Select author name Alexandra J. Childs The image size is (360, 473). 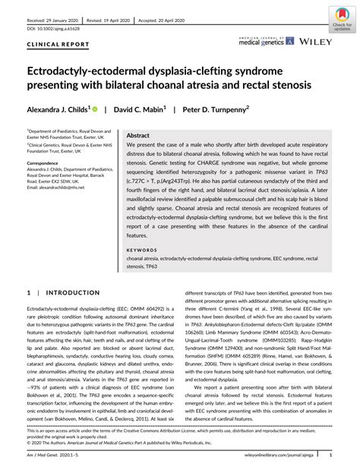(x=57, y=109)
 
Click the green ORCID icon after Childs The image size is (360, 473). (x=96, y=109)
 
